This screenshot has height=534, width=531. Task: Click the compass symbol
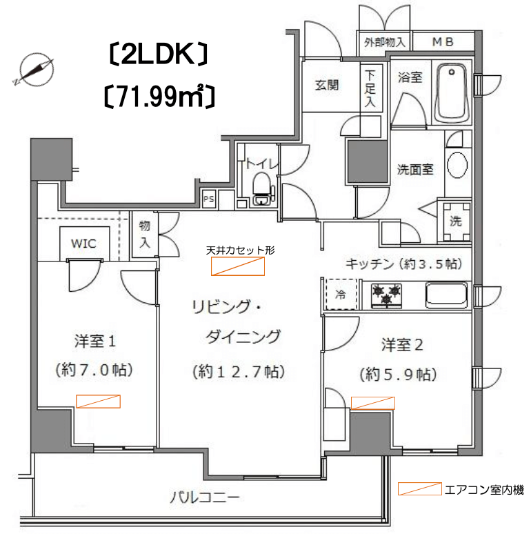[36, 70]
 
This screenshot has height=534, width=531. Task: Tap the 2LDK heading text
[159, 55]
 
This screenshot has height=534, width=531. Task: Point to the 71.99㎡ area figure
[159, 97]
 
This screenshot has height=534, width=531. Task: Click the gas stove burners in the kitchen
[385, 295]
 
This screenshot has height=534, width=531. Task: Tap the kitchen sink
[446, 295]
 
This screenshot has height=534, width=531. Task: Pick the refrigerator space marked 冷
[341, 294]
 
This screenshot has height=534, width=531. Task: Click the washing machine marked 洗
[456, 221]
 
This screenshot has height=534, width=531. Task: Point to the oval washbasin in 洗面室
[457, 165]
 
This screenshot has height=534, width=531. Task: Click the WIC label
[83, 244]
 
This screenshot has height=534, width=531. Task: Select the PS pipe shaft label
[209, 198]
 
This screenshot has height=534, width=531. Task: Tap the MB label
[443, 42]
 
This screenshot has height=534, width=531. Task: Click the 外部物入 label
[385, 42]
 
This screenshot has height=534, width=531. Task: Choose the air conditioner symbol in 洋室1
[98, 401]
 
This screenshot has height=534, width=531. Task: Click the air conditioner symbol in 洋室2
[373, 403]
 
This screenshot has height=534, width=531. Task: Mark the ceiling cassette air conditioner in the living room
[238, 266]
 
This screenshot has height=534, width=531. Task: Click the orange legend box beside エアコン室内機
[420, 488]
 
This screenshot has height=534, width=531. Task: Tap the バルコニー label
[205, 498]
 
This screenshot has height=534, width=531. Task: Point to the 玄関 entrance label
[327, 85]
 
